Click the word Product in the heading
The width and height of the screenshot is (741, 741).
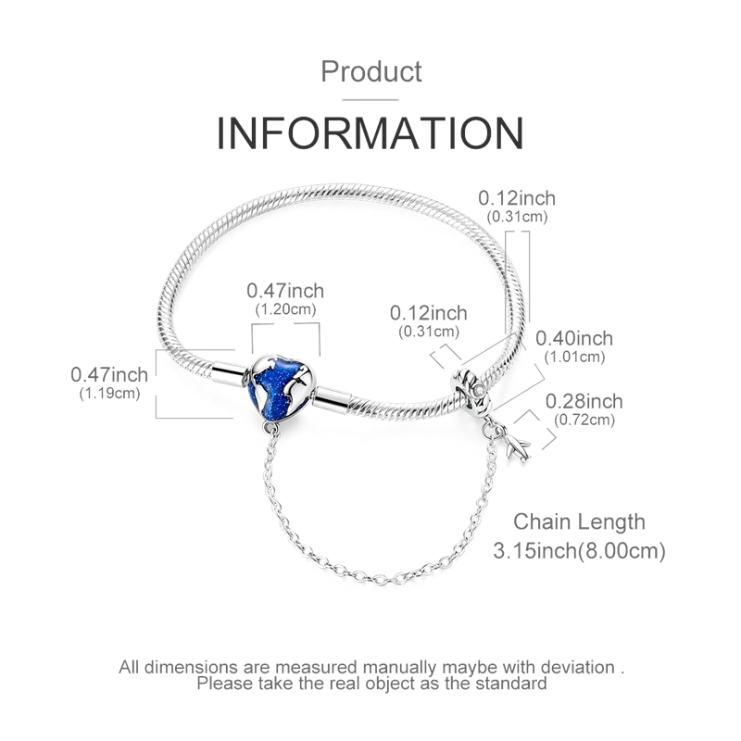pyautogui.click(x=371, y=72)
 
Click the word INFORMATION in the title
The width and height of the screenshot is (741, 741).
pyautogui.click(x=370, y=132)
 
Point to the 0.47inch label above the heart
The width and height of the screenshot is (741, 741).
pyautogui.click(x=285, y=291)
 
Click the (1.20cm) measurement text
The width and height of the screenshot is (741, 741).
pyautogui.click(x=285, y=309)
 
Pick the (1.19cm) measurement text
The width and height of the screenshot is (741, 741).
pyautogui.click(x=109, y=393)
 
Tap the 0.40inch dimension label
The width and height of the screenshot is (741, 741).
pyautogui.click(x=574, y=338)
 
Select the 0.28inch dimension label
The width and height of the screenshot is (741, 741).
pyautogui.click(x=584, y=401)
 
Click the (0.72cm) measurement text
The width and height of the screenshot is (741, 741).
pyautogui.click(x=584, y=420)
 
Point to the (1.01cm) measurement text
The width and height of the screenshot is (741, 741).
pyautogui.click(x=574, y=357)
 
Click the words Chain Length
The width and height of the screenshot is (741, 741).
pyautogui.click(x=580, y=522)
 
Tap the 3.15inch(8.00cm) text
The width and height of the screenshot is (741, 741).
pyautogui.click(x=580, y=550)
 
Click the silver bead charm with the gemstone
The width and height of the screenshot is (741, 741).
pyautogui.click(x=473, y=390)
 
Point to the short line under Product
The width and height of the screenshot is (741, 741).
pyautogui.click(x=370, y=100)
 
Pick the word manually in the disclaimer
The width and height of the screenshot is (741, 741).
pyautogui.click(x=399, y=668)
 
